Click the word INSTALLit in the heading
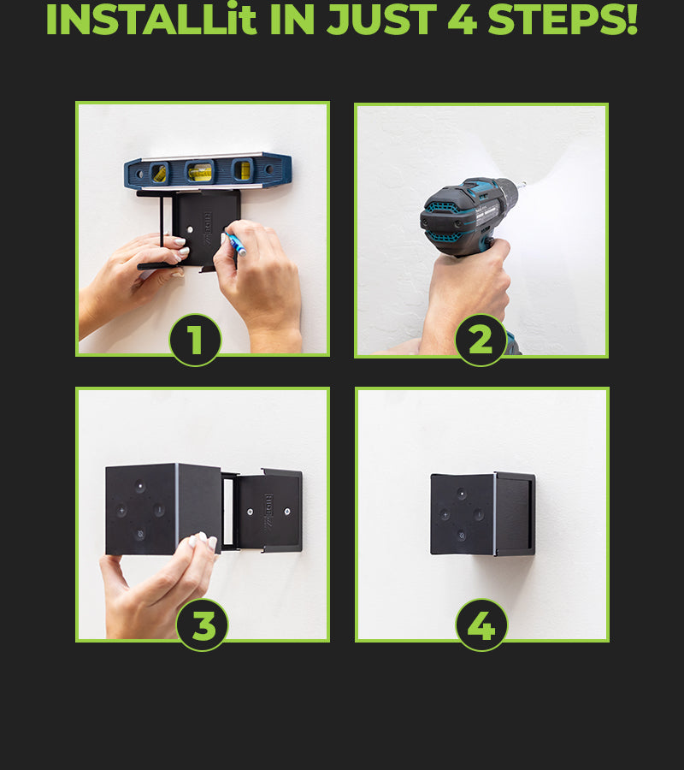tap(151, 20)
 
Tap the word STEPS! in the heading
tap(563, 20)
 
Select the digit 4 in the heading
tap(463, 20)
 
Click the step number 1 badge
tap(195, 340)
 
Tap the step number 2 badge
tap(481, 340)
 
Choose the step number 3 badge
tap(202, 625)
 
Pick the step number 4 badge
tap(481, 625)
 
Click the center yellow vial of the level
tap(200, 172)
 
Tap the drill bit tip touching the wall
tap(524, 184)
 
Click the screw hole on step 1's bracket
tap(190, 229)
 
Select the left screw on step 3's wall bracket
tap(250, 512)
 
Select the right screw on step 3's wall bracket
tap(287, 512)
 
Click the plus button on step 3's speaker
tap(121, 510)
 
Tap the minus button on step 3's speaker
tap(159, 510)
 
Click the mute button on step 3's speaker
tap(140, 534)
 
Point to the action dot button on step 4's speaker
tap(461, 493)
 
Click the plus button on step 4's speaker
tap(445, 515)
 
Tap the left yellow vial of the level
tap(159, 173)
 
